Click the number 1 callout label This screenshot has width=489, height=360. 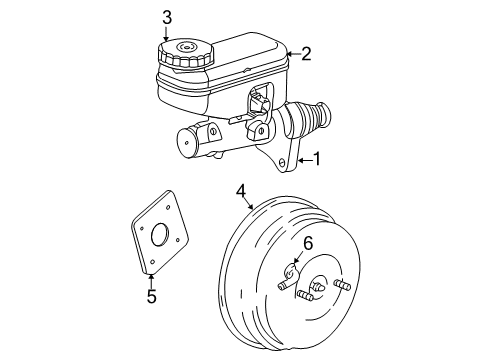click(317, 158)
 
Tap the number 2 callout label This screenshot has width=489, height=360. click(307, 53)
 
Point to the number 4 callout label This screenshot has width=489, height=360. click(241, 190)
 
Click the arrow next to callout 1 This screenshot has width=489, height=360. click(301, 158)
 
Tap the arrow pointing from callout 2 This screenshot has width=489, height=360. click(292, 53)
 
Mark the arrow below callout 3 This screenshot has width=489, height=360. click(167, 35)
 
